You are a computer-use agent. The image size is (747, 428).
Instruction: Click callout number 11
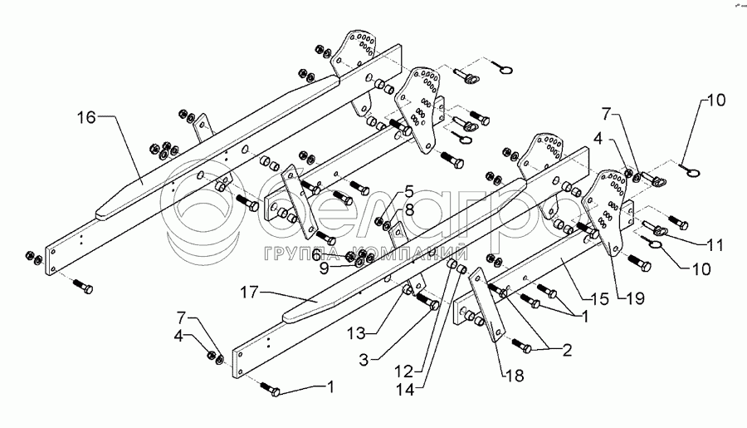(715, 246)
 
